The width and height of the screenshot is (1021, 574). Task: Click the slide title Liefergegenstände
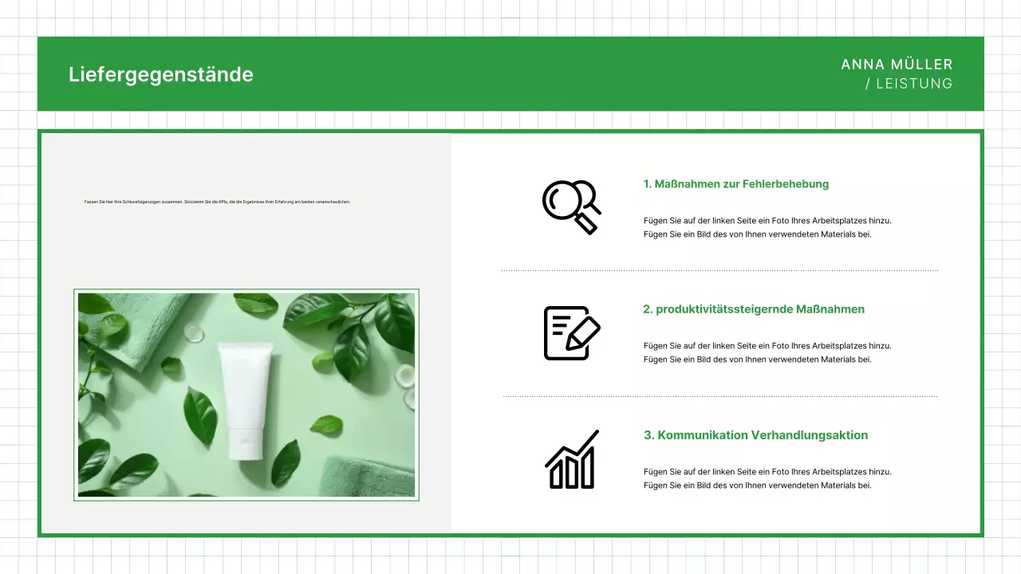(x=160, y=75)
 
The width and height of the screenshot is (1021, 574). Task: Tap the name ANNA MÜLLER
(x=897, y=65)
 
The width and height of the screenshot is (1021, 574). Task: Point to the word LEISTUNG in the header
(x=914, y=84)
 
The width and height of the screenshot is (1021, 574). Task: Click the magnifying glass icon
(x=571, y=206)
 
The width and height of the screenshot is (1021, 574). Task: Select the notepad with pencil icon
(x=571, y=332)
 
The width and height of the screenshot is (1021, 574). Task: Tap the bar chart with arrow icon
(x=572, y=460)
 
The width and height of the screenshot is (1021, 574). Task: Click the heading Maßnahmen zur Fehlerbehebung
(x=735, y=184)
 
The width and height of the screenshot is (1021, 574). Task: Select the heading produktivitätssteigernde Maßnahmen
(x=753, y=309)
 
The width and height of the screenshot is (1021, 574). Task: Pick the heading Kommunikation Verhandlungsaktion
(x=755, y=435)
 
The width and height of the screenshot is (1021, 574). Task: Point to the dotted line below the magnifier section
(x=719, y=271)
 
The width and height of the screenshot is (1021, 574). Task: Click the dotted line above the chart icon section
(x=719, y=396)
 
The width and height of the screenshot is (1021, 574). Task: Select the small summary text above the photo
(x=217, y=202)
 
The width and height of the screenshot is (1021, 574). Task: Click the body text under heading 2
(x=767, y=352)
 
